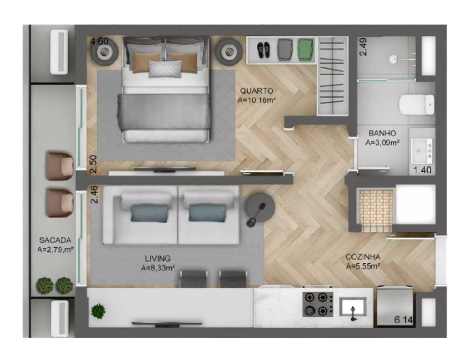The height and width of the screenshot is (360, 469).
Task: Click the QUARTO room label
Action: click(256, 90)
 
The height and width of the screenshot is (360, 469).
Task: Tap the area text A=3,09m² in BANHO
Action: click(382, 142)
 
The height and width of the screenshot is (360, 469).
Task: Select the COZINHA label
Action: click(363, 257)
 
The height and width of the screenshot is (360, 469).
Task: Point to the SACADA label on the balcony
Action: click(55, 240)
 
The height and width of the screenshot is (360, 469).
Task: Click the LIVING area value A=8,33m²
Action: click(158, 268)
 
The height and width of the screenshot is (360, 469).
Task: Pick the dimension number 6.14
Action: click(403, 320)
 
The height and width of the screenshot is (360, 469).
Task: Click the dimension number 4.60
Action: click(99, 41)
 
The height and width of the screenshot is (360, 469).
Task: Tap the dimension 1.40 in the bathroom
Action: click(422, 170)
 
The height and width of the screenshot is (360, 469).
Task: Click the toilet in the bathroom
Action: click(417, 105)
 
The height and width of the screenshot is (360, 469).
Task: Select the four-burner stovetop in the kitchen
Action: click(318, 304)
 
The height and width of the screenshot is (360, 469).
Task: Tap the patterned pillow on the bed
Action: click(165, 68)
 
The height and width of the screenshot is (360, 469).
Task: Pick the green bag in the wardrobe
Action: click(306, 49)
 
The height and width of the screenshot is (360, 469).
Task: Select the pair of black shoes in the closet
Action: click(263, 49)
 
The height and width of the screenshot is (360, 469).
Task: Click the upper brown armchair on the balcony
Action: click(60, 166)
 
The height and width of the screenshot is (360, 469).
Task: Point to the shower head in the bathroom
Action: click(395, 59)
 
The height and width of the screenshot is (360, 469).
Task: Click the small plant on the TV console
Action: click(98, 311)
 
